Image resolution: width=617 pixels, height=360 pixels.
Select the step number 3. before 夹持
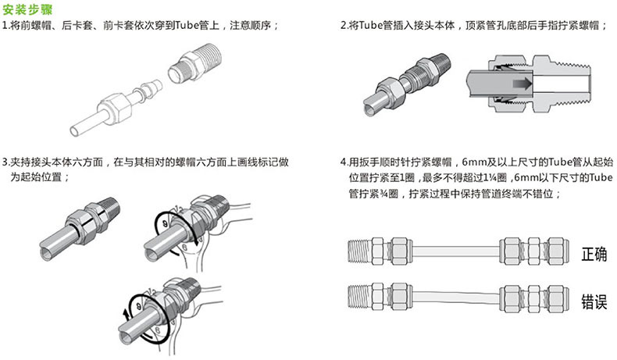(6, 162)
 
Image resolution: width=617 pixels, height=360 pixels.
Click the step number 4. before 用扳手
(344, 162)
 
